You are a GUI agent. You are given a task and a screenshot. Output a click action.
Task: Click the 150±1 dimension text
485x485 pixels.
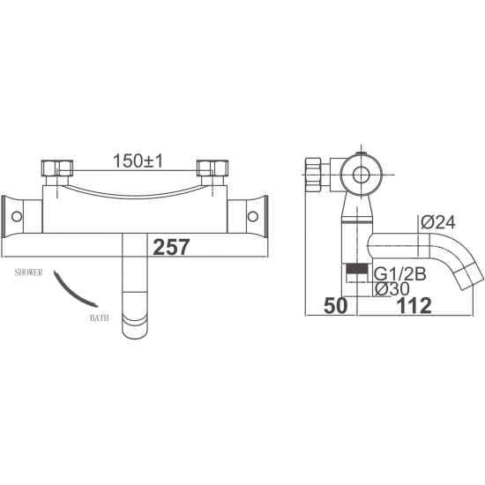138,161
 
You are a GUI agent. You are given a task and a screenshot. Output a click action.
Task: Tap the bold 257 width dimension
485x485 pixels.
171,247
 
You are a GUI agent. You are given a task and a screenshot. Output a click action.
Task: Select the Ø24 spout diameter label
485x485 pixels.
438,222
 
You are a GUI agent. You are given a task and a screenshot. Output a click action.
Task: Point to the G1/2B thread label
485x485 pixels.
400,274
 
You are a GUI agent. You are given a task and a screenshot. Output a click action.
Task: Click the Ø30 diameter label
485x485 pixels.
392,289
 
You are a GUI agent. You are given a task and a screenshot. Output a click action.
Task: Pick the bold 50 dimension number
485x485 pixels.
336,306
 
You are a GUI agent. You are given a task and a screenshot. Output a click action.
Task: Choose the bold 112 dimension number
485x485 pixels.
414,306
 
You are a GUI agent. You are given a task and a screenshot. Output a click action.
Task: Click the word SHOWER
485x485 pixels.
28,272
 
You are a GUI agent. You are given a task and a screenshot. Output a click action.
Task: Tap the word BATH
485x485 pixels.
100,318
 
